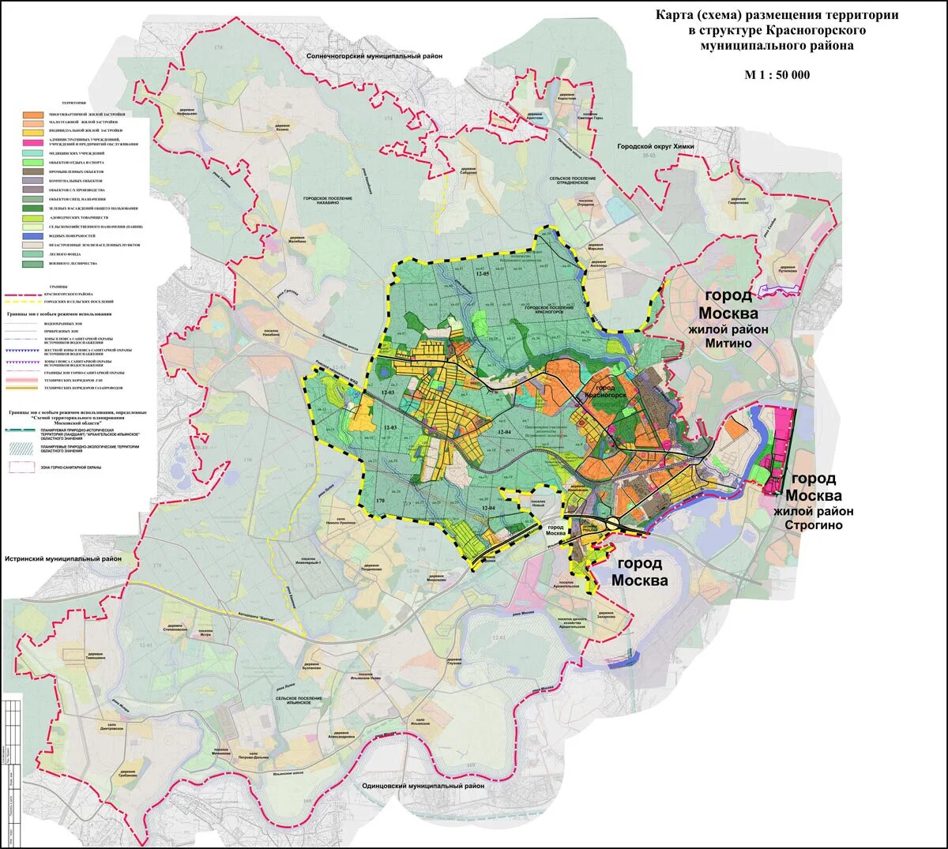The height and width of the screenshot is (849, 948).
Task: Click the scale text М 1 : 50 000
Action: (777, 75)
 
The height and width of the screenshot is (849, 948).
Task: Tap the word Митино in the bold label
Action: (728, 344)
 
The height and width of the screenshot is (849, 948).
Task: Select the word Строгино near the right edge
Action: (813, 525)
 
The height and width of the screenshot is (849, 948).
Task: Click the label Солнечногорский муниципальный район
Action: (374, 57)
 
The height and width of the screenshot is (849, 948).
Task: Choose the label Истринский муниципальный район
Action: (63, 559)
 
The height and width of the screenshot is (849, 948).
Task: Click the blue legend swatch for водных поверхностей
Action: (32, 236)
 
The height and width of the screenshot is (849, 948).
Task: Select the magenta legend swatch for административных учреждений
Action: (32, 142)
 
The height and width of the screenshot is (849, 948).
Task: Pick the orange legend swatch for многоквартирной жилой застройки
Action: (32, 115)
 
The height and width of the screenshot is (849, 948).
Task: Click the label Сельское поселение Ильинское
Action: (299, 701)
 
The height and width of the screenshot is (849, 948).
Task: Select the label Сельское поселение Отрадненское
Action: (573, 181)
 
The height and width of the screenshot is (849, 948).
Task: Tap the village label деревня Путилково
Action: (787, 269)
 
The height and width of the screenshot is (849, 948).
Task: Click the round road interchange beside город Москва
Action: (612, 523)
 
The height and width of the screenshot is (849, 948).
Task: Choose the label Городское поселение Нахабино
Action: (327, 201)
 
